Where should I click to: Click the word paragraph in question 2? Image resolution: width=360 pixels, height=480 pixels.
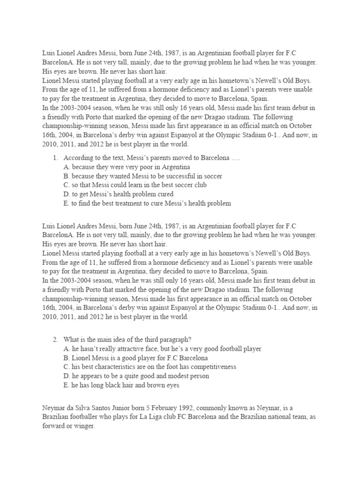[184, 339]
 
